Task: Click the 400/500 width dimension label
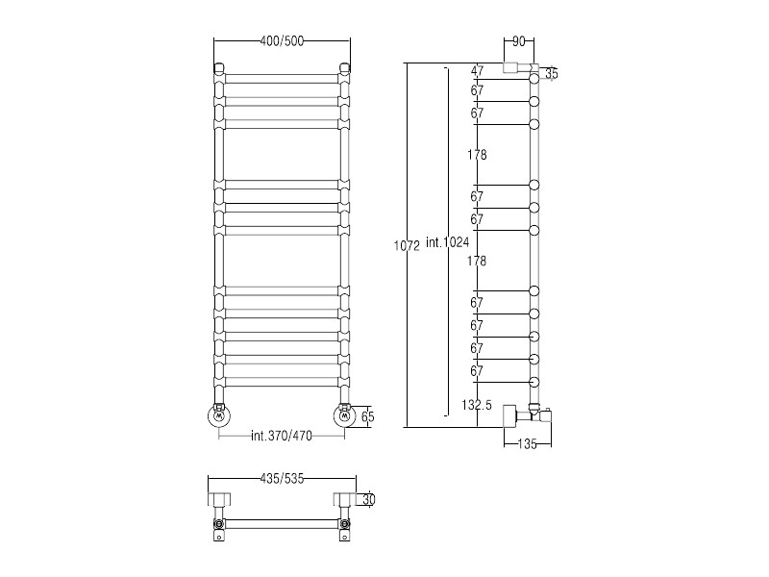click(282, 41)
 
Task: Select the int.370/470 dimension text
click(282, 436)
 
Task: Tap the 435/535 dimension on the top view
click(282, 478)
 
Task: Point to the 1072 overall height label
click(407, 246)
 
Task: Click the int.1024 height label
click(448, 242)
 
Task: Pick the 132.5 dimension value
click(477, 405)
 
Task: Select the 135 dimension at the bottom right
click(527, 444)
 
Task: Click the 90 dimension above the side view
click(519, 41)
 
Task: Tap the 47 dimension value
click(477, 71)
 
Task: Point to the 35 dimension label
click(552, 74)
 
